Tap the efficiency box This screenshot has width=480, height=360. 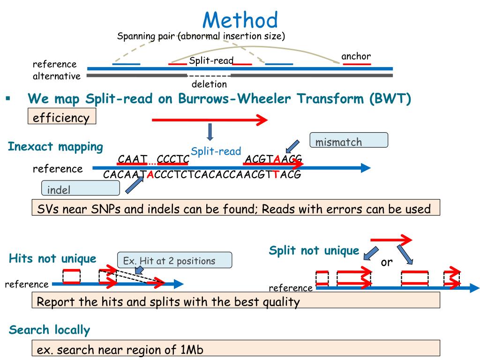click(62, 117)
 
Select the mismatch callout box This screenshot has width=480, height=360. click(349, 140)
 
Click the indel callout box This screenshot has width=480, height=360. click(80, 188)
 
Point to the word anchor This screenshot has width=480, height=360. click(356, 57)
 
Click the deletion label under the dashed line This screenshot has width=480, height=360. click(209, 84)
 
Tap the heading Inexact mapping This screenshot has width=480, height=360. click(55, 147)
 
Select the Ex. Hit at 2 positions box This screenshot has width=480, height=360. click(174, 260)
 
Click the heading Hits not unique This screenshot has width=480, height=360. click(52, 258)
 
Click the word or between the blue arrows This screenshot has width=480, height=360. click(386, 262)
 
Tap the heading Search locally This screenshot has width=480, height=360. click(49, 330)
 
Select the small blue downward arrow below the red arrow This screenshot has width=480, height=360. click(210, 132)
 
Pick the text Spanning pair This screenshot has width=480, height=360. click(146, 36)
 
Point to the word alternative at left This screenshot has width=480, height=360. click(57, 75)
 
